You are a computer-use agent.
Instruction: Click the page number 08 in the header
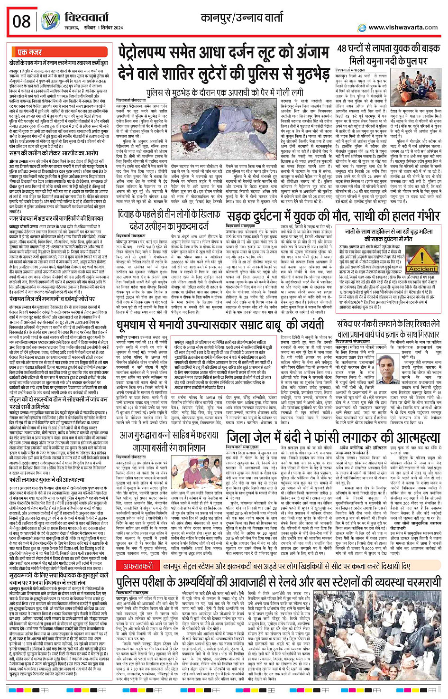tap(22, 21)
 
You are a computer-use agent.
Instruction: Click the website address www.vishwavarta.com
tap(403, 28)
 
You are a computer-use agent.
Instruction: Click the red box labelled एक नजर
tap(29, 52)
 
